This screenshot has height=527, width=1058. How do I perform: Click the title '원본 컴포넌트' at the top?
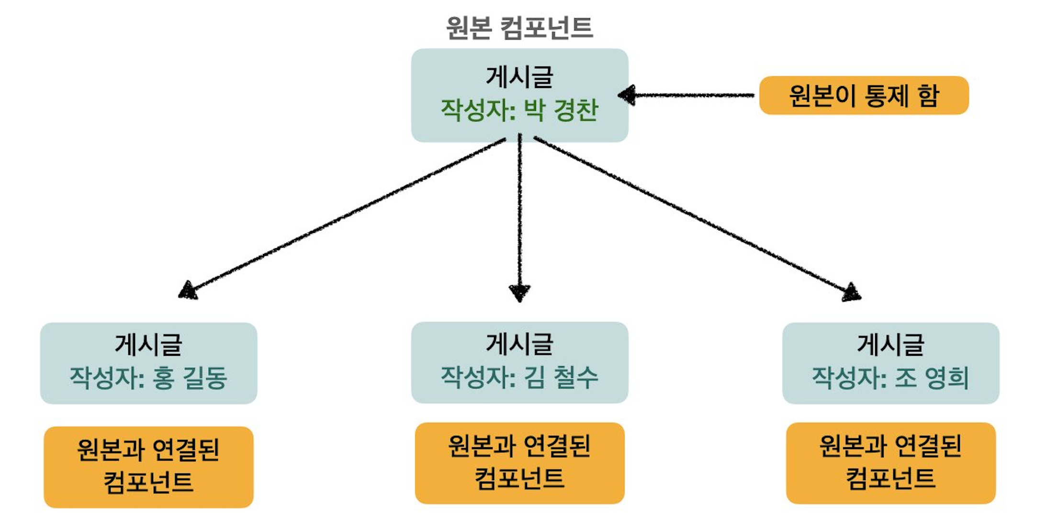click(x=519, y=28)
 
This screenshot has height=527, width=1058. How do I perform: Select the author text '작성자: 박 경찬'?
click(x=519, y=110)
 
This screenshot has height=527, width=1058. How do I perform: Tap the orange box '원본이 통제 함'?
click(x=864, y=95)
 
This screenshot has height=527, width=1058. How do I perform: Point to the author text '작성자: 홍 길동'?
click(x=148, y=378)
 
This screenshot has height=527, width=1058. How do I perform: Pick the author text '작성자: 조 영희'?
click(x=890, y=378)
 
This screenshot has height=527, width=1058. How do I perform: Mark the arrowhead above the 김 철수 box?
click(x=519, y=292)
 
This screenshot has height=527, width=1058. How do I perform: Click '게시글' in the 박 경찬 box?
click(x=519, y=77)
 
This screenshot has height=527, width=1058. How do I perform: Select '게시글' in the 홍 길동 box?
click(x=148, y=344)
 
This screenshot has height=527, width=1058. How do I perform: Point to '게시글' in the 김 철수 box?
click(x=519, y=344)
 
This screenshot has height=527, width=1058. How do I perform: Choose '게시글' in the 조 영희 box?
click(x=890, y=344)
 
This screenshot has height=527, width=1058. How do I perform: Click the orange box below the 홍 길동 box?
click(x=148, y=467)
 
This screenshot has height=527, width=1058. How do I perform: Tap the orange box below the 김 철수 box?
click(x=519, y=463)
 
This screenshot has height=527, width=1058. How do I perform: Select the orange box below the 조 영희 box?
click(x=890, y=463)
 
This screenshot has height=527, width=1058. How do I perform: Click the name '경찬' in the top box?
click(x=576, y=110)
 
